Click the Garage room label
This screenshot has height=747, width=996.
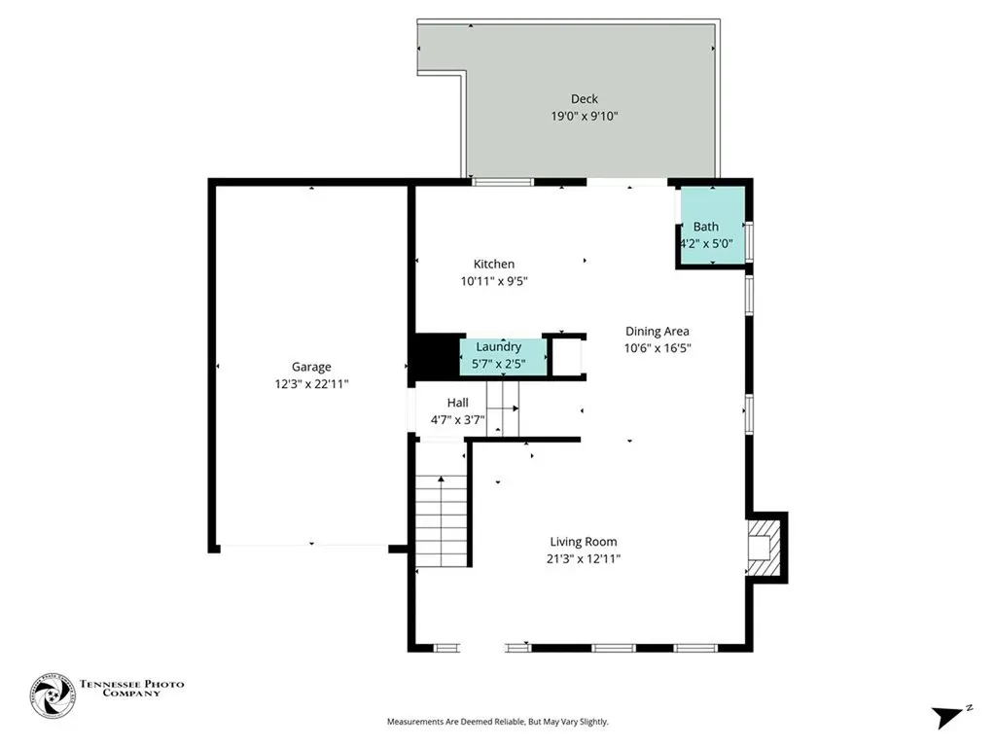tap(311, 367)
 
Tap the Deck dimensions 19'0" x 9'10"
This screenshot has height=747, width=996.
tap(585, 116)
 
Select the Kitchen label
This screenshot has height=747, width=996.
tap(494, 264)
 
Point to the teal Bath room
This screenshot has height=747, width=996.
tap(713, 225)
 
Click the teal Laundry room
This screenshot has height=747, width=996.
tap(503, 357)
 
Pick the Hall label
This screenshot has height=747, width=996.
tap(457, 402)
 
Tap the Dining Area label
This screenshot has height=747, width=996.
tap(658, 331)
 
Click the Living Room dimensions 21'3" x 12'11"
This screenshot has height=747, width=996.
tap(584, 559)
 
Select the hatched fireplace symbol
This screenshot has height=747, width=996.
tap(764, 548)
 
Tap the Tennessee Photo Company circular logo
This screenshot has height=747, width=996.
tap(53, 695)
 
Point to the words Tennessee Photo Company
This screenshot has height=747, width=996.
tap(131, 689)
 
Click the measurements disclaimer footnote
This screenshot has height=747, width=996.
tap(498, 722)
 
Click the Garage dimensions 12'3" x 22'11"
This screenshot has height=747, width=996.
tap(311, 383)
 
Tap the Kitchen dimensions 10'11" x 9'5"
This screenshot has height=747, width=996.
tap(494, 281)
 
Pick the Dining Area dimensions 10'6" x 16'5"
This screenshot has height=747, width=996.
tap(658, 347)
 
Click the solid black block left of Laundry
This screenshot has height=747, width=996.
tap(437, 358)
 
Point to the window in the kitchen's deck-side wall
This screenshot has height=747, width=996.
tap(503, 182)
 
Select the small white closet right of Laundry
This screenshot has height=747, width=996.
tap(567, 357)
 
